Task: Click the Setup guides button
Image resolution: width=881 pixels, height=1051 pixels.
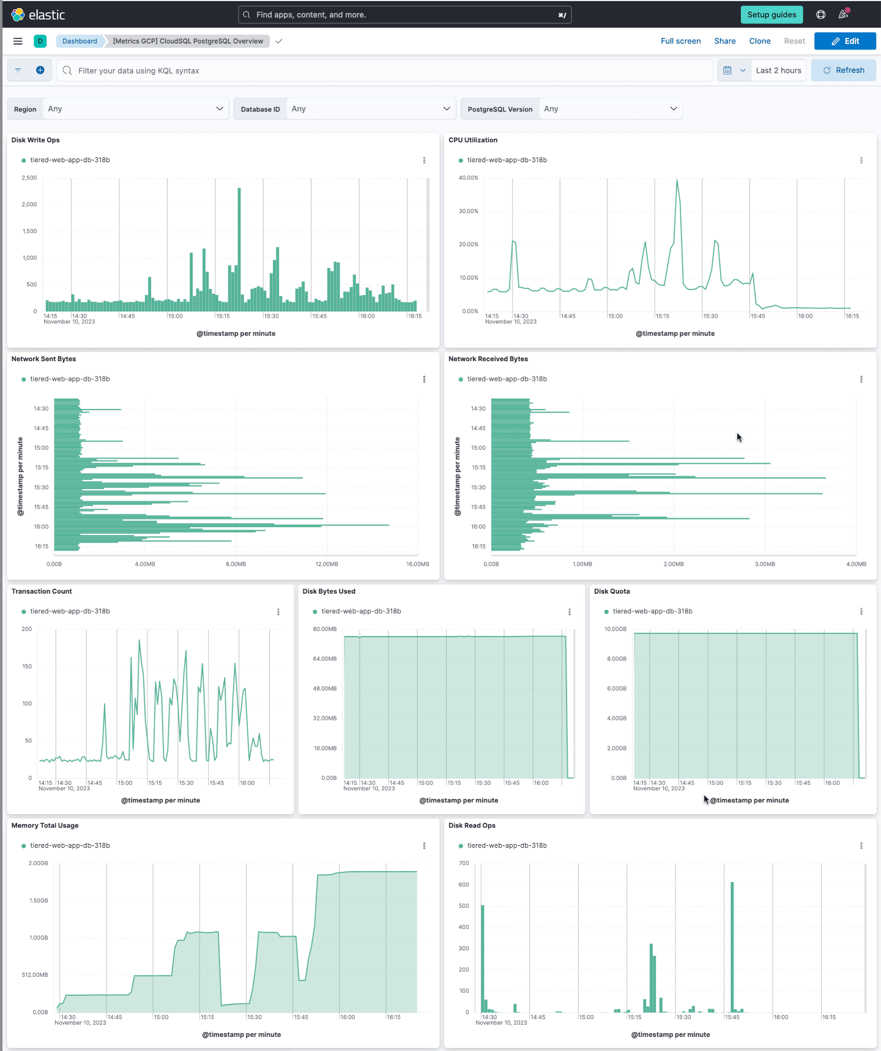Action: click(x=771, y=15)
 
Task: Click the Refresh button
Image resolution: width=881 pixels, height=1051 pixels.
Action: click(x=843, y=70)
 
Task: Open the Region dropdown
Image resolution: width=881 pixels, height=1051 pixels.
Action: click(x=135, y=109)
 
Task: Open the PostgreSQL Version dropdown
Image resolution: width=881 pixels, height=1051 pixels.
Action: click(x=611, y=109)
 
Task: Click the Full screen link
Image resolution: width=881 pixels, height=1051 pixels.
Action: click(x=680, y=41)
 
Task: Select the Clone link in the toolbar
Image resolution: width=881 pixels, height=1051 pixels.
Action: click(x=759, y=41)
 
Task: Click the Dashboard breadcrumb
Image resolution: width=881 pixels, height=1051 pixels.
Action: click(x=80, y=41)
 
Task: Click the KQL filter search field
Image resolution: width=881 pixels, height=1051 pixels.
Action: click(x=392, y=70)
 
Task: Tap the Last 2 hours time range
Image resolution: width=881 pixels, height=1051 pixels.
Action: click(x=778, y=70)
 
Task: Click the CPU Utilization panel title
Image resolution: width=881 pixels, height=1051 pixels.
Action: click(x=473, y=140)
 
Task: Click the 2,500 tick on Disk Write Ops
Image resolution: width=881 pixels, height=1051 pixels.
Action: click(x=29, y=178)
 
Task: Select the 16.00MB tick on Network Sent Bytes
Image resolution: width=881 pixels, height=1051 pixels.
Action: click(x=417, y=564)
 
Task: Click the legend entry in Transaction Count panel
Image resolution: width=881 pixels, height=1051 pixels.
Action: click(x=70, y=612)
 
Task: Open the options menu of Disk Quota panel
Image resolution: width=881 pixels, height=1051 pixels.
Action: click(x=861, y=612)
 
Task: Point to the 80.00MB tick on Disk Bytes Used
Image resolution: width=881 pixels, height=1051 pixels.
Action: click(x=325, y=629)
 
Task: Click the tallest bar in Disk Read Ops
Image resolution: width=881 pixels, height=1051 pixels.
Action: click(x=732, y=946)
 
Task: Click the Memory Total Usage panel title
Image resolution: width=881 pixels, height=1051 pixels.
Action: click(x=45, y=826)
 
